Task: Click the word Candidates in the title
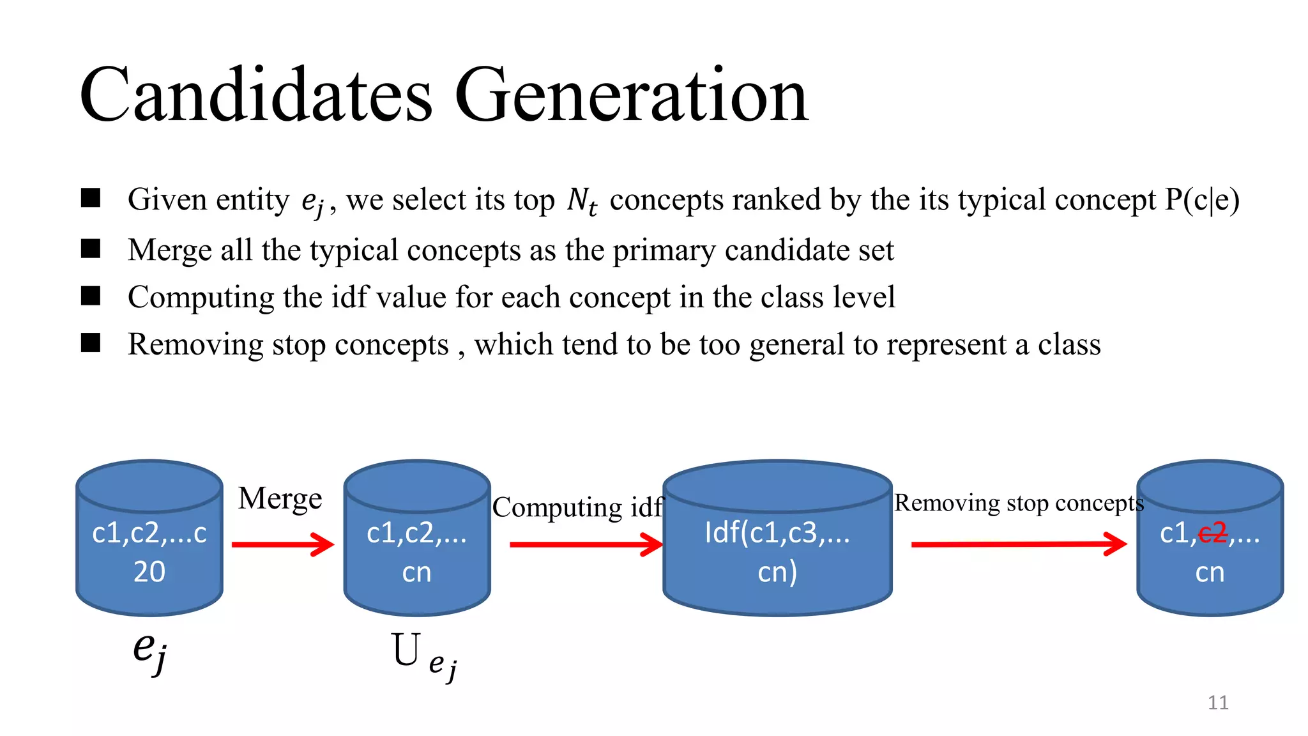[255, 96]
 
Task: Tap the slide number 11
[1217, 703]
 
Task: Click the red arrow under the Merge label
[282, 544]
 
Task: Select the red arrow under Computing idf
[585, 544]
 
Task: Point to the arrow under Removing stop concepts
[1018, 544]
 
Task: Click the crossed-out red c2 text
[1213, 532]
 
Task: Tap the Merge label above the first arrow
[280, 498]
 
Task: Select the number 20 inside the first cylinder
[149, 571]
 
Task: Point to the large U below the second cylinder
[406, 650]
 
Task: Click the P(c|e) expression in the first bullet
[1201, 199]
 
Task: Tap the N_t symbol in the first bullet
[582, 201]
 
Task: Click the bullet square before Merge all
[91, 249]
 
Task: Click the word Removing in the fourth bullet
[195, 345]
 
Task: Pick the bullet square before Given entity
[91, 198]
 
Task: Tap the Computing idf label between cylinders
[577, 507]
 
